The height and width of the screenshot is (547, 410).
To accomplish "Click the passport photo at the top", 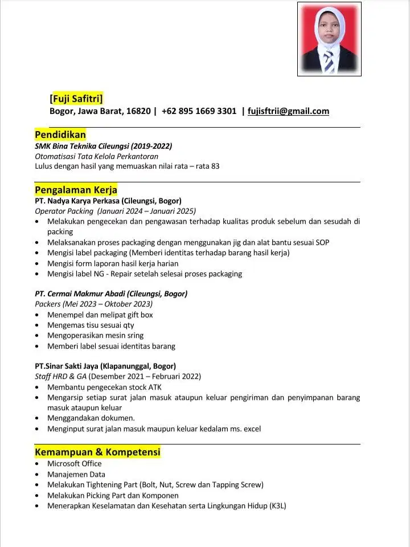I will coord(329,39).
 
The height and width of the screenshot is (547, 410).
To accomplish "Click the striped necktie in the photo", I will coord(329,62).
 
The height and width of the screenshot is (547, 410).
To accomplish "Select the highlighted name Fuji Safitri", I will coord(76,99).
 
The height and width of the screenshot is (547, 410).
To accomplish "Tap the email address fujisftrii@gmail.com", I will coord(289,111).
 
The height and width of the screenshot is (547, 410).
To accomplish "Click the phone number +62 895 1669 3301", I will coord(199,111).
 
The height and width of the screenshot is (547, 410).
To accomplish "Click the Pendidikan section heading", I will coord(60,135).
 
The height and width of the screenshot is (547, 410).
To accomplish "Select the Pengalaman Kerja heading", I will coord(76,190).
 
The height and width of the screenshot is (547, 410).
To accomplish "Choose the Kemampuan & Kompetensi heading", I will coord(97,452).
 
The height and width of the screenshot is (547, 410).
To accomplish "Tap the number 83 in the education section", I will coord(215,166).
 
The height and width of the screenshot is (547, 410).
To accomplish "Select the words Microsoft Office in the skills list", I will coord(75,464).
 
